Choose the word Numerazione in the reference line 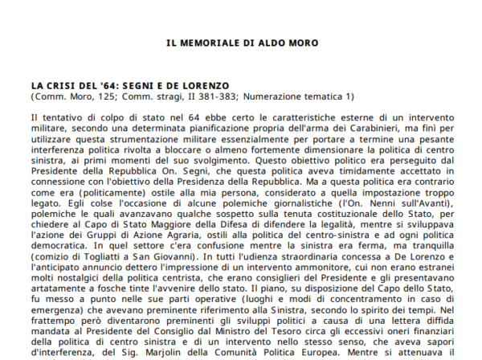click(x=282, y=96)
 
